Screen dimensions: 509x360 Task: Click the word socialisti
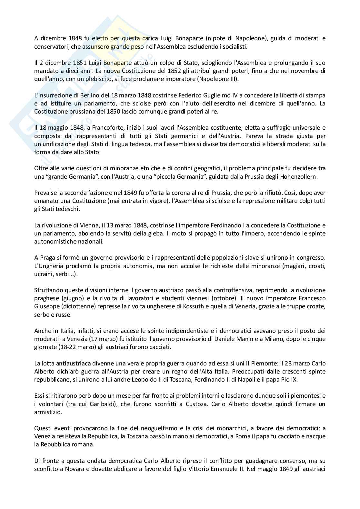pos(235,46)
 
